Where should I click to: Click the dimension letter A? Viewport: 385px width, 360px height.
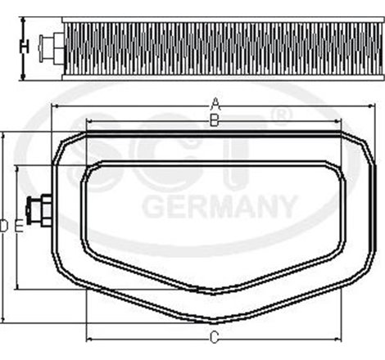click(215, 102)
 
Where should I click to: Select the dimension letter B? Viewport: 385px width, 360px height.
click(214, 121)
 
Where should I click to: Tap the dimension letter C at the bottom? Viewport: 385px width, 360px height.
click(214, 337)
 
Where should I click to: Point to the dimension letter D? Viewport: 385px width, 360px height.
click(5, 225)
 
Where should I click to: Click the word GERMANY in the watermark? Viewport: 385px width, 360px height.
click(219, 205)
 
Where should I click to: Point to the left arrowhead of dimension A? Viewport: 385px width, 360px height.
click(55, 107)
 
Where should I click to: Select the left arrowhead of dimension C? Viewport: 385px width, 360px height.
click(88, 340)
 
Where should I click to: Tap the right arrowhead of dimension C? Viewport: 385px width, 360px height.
click(339, 340)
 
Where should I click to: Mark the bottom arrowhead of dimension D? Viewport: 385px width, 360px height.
click(4, 318)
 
